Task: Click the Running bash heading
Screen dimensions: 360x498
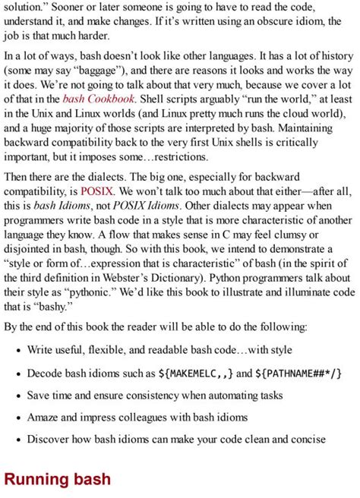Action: point(58,479)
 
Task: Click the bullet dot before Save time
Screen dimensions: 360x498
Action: point(17,396)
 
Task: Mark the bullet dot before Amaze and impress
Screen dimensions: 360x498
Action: point(17,418)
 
